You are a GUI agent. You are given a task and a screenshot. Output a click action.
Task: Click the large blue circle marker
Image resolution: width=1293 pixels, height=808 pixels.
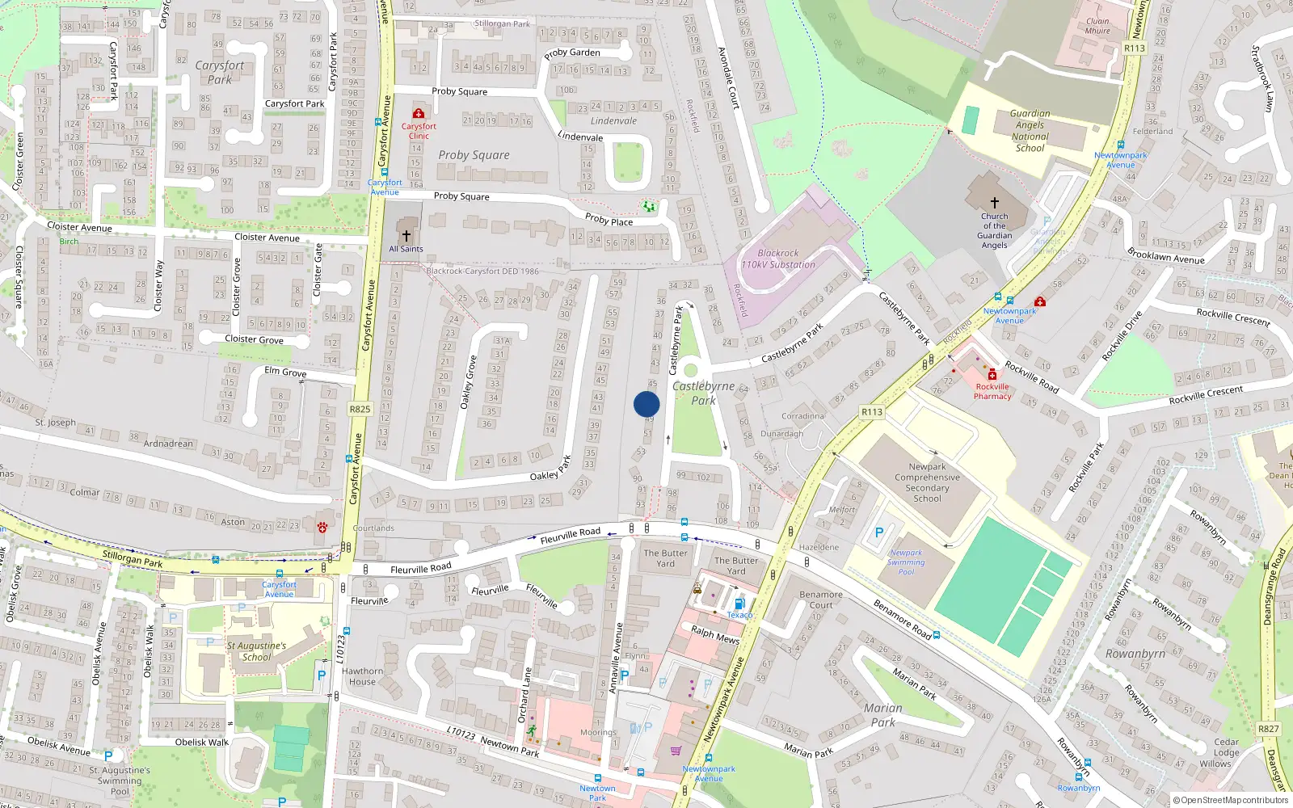646,404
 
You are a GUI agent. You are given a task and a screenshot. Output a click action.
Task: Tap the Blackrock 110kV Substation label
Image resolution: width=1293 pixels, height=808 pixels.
778,259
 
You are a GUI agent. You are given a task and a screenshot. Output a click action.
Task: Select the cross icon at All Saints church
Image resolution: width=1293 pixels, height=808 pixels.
406,235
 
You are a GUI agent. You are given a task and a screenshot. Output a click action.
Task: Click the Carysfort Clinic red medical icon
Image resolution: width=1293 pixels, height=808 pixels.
419,114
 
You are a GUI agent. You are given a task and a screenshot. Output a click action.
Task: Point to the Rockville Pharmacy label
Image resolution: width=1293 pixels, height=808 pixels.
992,391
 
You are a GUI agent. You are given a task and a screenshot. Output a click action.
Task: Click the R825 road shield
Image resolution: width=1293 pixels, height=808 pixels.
360,409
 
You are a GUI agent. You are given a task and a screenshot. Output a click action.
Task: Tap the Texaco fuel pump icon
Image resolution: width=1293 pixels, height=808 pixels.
738,604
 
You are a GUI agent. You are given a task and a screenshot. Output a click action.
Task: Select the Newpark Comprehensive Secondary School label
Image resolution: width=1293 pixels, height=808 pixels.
927,482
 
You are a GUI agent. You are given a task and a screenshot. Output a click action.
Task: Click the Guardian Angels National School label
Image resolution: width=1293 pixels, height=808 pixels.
1030,131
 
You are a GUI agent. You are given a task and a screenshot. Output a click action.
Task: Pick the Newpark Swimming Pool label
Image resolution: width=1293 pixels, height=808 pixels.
906,562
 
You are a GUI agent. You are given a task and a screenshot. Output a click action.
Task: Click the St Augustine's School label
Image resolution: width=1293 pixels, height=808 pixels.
256,651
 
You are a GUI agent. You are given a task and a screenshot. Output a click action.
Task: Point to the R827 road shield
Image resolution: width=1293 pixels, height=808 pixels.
1268,728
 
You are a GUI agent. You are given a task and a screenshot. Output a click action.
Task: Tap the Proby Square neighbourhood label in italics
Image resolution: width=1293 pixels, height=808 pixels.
474,155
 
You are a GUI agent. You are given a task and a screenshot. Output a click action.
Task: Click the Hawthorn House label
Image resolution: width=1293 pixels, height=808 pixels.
362,676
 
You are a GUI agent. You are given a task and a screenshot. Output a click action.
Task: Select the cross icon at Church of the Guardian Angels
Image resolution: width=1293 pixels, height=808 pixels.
995,203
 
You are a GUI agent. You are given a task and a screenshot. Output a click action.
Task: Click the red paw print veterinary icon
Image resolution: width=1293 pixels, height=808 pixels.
322,527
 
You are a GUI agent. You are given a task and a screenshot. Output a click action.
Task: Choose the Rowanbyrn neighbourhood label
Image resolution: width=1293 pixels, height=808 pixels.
1135,654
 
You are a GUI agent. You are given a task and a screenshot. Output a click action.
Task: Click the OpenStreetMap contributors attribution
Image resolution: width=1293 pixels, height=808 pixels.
1230,800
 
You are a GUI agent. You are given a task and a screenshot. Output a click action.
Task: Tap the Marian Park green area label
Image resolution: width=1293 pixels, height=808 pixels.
882,715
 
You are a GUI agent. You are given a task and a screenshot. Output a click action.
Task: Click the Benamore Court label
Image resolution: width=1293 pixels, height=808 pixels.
820,600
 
